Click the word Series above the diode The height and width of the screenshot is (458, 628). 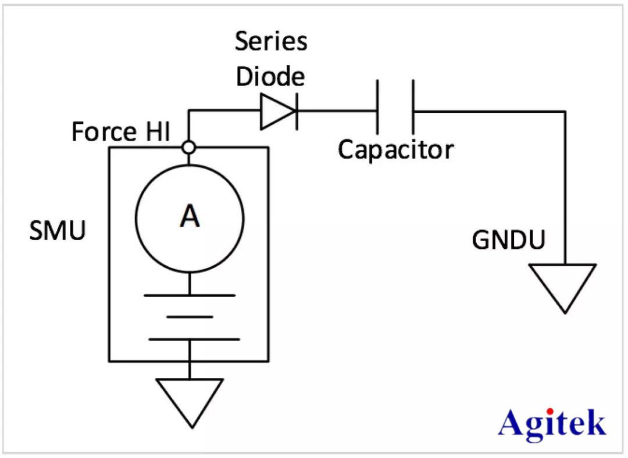pyautogui.click(x=271, y=42)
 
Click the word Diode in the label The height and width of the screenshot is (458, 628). pyautogui.click(x=270, y=77)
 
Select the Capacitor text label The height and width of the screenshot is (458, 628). pyautogui.click(x=396, y=150)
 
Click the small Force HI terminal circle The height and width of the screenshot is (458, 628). pyautogui.click(x=188, y=147)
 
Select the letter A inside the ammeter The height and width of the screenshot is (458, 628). pyautogui.click(x=190, y=217)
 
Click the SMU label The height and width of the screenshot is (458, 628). pyautogui.click(x=58, y=231)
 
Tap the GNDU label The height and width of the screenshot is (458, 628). pyautogui.click(x=508, y=239)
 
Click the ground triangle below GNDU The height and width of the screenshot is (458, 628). pyautogui.click(x=563, y=285)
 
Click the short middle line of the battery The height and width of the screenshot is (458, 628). pyautogui.click(x=189, y=317)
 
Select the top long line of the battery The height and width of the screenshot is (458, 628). pyautogui.click(x=190, y=295)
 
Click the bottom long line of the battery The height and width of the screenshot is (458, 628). pyautogui.click(x=190, y=339)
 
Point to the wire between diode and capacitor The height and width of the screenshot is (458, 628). pyautogui.click(x=337, y=111)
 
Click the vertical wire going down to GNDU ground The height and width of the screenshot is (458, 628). pyautogui.click(x=564, y=186)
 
